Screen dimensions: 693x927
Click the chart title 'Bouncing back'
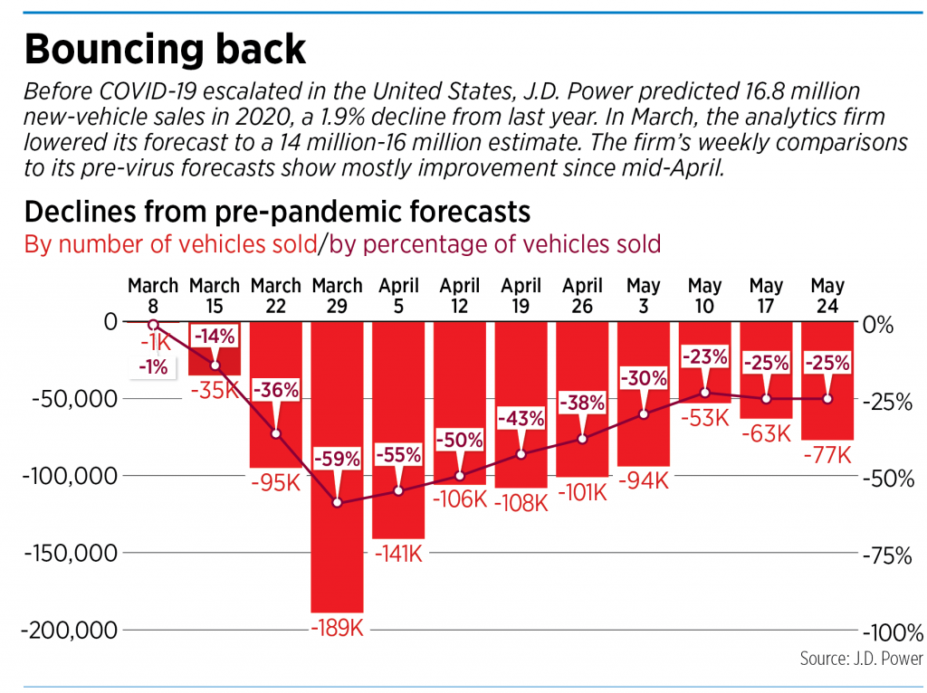pos(165,50)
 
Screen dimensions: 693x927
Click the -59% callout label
pos(337,458)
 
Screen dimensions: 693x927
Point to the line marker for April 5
pos(397,490)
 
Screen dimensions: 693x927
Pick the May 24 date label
pos(827,296)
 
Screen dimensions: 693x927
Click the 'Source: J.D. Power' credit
pos(860,659)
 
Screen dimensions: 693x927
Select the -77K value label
pos(827,455)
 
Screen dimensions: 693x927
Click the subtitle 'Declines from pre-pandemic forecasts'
pos(276,212)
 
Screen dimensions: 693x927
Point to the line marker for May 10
pos(704,393)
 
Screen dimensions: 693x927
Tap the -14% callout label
pos(215,337)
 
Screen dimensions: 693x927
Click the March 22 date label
pos(275,296)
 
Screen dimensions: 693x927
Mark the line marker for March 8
pos(153,324)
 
